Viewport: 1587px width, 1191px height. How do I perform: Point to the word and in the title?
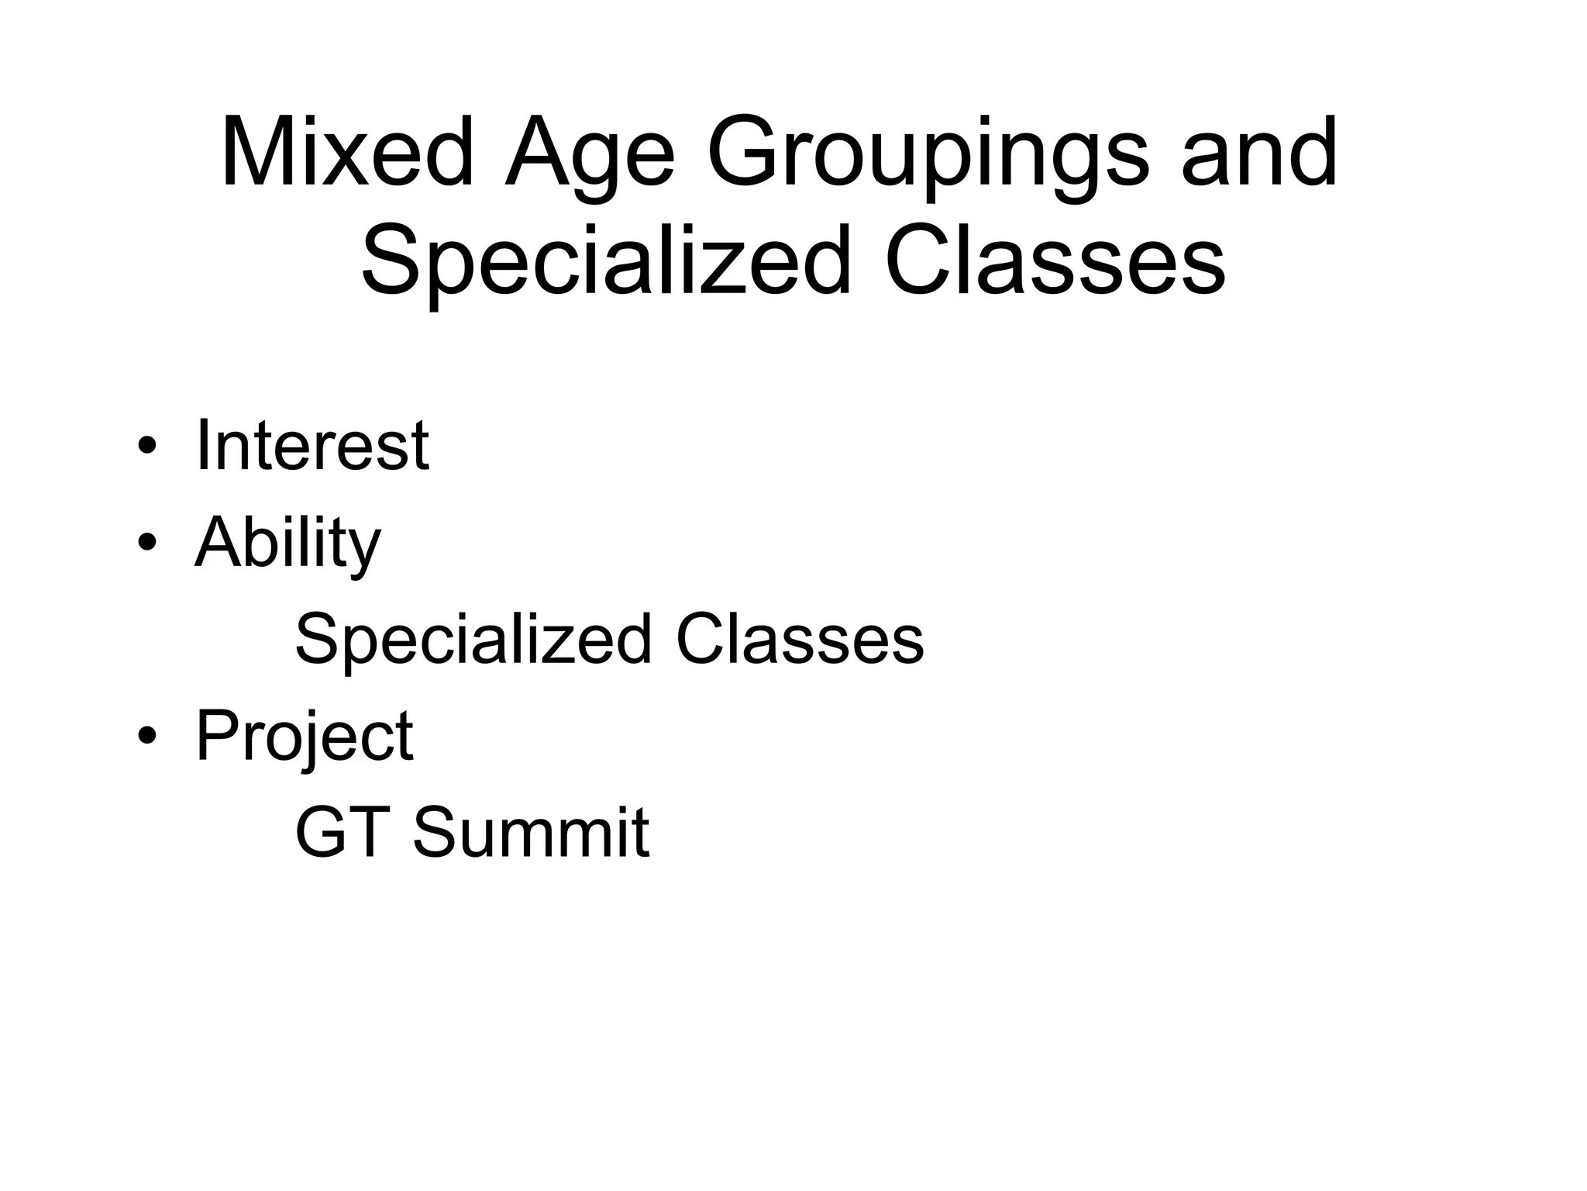tap(1259, 153)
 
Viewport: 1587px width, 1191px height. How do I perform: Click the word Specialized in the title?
tap(606, 260)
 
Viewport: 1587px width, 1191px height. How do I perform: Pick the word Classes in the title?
tap(1055, 260)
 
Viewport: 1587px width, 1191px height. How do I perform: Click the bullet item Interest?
tap(312, 445)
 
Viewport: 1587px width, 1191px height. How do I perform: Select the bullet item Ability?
tap(287, 542)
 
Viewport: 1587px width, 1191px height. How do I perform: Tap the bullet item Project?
tap(304, 736)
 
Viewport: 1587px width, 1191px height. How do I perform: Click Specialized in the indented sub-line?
tap(473, 640)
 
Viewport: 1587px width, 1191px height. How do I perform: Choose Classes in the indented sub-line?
tap(800, 640)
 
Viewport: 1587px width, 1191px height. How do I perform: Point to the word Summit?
tap(531, 833)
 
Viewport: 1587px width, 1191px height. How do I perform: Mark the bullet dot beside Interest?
tap(146, 448)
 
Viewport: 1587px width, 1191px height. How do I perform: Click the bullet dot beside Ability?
tap(146, 545)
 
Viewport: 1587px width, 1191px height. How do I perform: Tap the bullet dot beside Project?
tap(146, 738)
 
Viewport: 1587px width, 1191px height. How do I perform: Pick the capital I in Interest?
tap(203, 445)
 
